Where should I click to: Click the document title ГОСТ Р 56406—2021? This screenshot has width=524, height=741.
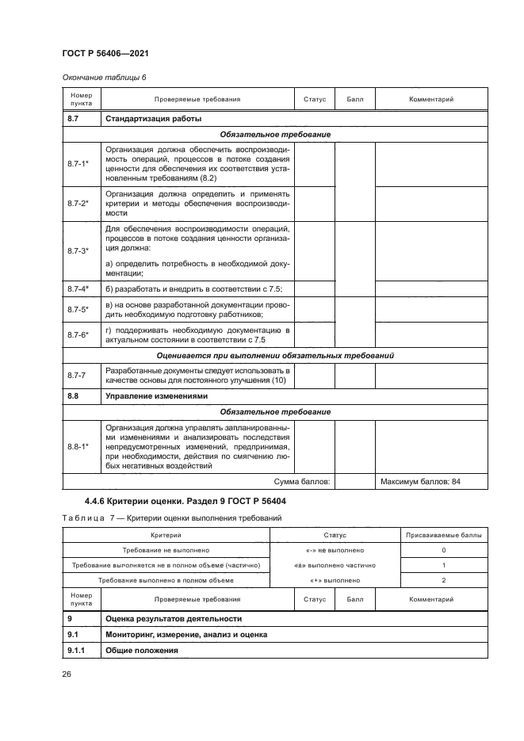105,53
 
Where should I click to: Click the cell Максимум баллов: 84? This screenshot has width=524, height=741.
421,481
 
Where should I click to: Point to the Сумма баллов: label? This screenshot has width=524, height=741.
302,481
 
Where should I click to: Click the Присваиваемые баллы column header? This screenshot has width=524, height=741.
443,536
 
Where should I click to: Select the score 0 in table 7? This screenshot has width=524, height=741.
443,550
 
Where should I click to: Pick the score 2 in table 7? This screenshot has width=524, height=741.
443,580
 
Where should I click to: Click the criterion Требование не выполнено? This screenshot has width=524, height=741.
166,550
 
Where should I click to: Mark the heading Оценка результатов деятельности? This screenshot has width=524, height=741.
173,618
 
